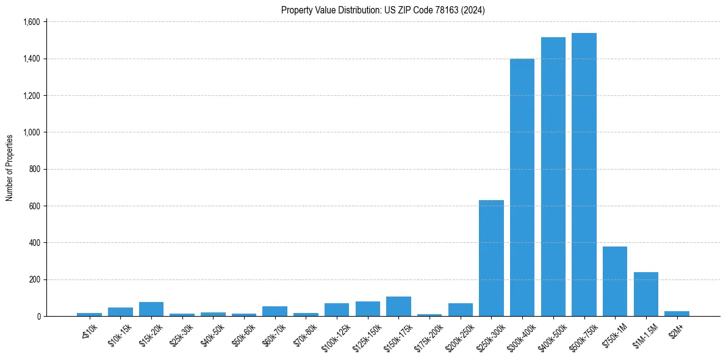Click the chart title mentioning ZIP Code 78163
coord(383,10)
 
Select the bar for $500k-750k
coord(584,175)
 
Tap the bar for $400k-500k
coord(553,177)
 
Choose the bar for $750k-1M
coord(615,281)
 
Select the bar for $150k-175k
coord(398,306)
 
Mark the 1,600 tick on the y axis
coord(31,22)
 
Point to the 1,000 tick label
coord(31,132)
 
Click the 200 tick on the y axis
coord(34,279)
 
